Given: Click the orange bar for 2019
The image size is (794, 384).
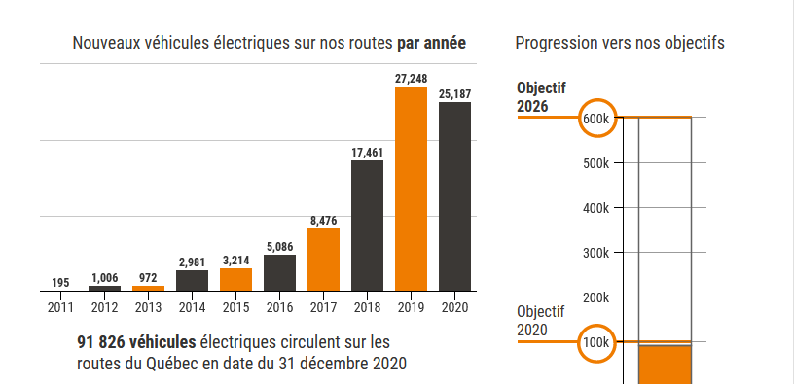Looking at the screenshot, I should coord(411,190).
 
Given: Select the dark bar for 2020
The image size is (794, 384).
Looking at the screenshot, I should coord(454,196).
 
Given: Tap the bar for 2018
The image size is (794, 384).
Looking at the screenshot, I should coord(367,226).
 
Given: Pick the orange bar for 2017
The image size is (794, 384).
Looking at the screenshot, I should coord(323,260).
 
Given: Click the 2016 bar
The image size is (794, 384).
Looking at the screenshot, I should coord(279,272).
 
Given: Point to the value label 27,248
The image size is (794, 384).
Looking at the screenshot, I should coord(412,79).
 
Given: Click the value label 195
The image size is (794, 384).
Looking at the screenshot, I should coord(60,283).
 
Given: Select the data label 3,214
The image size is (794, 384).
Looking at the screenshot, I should coord(235,261).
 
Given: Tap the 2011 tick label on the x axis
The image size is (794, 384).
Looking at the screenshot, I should coord(60,307).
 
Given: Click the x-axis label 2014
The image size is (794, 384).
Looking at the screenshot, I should coord(192,307).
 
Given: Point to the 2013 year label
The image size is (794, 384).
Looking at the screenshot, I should coord(148,307).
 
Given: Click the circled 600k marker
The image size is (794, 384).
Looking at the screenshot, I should coord(596,118).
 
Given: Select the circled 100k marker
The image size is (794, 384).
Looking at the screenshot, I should coord(596,342).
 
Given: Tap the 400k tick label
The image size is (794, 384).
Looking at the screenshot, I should coord(595,208).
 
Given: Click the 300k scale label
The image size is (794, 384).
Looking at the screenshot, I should coord(595,253).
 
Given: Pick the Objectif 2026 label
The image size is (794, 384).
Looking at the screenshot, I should coord(541,97).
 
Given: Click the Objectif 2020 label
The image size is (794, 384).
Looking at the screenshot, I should coord(541,321).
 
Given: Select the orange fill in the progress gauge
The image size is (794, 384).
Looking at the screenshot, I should coord(665,364).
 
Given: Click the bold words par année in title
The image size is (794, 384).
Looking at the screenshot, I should coord(431,43).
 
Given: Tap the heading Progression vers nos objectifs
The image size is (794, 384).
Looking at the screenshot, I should coord(619,43).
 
